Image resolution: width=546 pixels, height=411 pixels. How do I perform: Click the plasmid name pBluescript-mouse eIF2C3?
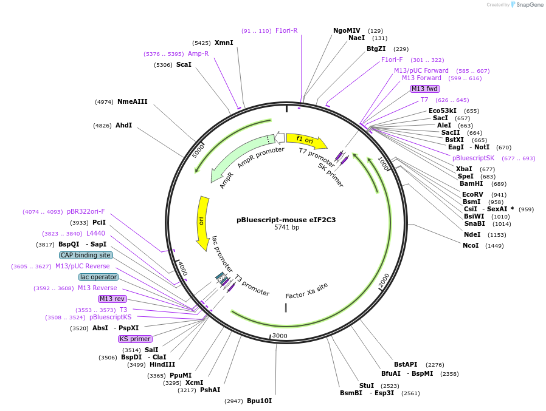click(x=286, y=220)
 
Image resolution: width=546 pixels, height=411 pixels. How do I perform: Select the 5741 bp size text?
click(x=286, y=228)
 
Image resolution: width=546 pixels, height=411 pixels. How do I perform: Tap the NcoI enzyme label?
click(x=471, y=246)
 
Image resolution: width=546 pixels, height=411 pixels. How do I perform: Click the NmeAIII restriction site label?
click(x=132, y=101)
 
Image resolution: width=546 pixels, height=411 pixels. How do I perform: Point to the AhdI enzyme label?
click(x=123, y=125)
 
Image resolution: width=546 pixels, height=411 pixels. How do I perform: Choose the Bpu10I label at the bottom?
click(x=259, y=401)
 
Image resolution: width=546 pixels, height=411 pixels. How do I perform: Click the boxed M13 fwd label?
click(x=424, y=89)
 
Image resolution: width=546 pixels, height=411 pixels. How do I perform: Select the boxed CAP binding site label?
click(x=86, y=255)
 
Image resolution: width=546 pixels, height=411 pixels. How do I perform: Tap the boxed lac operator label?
click(x=98, y=277)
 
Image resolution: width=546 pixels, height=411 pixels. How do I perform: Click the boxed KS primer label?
click(x=135, y=339)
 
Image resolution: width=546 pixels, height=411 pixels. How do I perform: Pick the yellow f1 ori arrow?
click(x=306, y=140)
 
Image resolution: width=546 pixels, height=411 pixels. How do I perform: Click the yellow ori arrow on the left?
click(x=202, y=222)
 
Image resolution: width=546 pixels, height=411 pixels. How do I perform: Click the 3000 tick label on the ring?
click(x=280, y=336)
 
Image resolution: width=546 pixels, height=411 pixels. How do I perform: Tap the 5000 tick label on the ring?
click(x=198, y=150)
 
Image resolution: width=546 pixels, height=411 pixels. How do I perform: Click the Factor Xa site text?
click(x=306, y=290)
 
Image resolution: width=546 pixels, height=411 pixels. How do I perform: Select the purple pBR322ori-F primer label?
click(x=86, y=211)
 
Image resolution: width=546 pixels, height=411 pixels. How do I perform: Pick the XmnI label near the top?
click(x=224, y=42)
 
